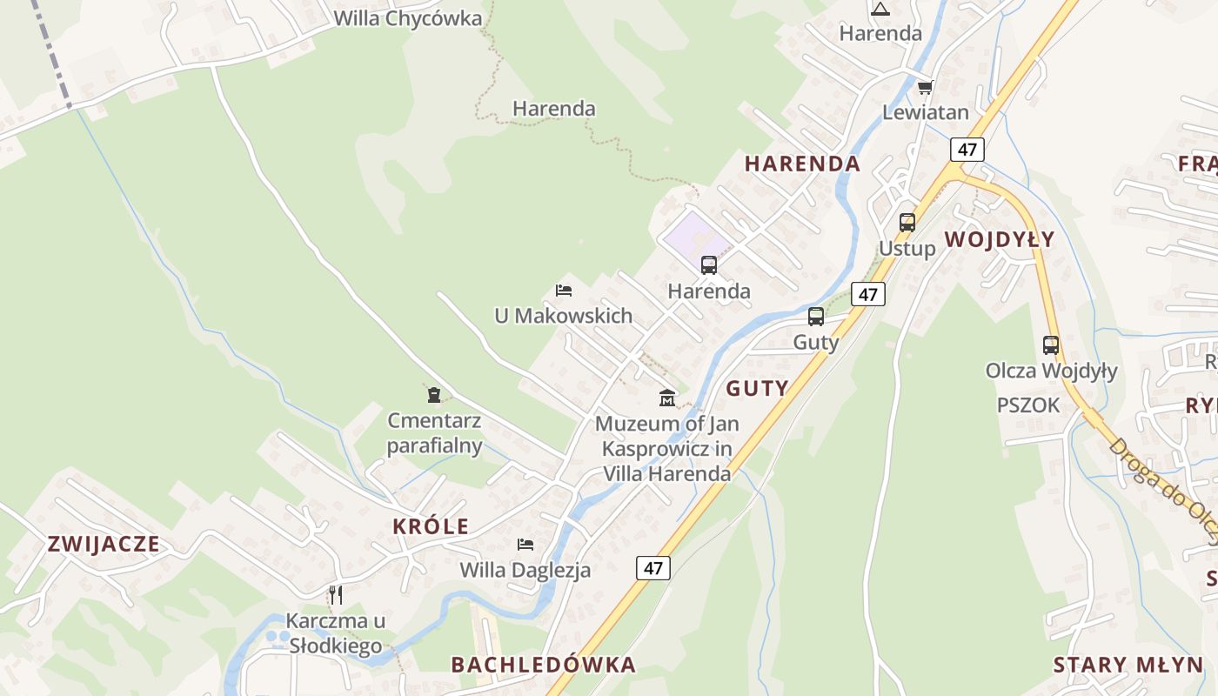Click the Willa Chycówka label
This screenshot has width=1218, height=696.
[x=407, y=18]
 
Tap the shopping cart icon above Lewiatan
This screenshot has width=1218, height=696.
[x=925, y=87]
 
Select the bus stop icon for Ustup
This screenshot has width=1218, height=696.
[x=907, y=223]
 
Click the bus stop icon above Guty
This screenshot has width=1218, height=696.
[x=816, y=317]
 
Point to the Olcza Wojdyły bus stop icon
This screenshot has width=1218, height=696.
[x=1051, y=345]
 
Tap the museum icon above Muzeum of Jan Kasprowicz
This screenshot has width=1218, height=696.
[x=667, y=398]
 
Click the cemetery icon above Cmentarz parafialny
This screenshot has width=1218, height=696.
[x=434, y=395]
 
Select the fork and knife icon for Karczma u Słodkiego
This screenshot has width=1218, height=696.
[x=336, y=595]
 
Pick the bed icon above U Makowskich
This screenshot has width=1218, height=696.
[x=564, y=291]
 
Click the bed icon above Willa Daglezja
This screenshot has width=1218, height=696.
[x=525, y=545]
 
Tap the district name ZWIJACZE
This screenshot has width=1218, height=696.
[x=104, y=545]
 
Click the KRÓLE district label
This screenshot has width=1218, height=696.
[x=431, y=526]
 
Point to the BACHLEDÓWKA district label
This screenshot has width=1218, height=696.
[x=543, y=665]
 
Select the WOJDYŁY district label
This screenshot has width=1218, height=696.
[x=999, y=239]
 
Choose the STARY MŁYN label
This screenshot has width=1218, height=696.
[x=1128, y=666]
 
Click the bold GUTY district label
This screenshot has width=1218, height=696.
[x=757, y=389]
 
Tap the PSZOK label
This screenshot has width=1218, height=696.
[x=1028, y=405]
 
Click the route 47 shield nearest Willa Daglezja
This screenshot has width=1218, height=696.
[x=653, y=568]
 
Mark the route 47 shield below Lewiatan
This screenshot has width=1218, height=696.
[x=967, y=150]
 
